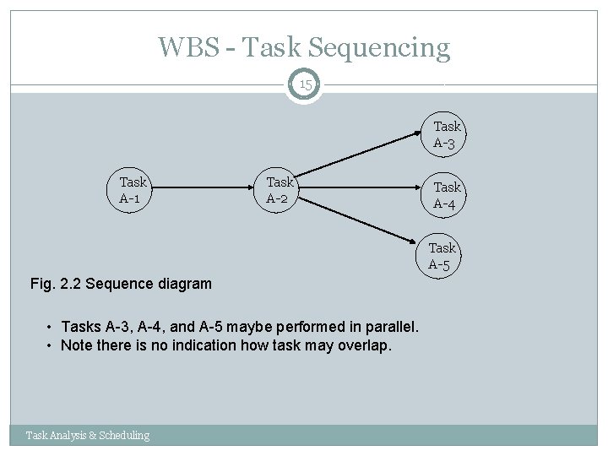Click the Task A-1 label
point(133,190)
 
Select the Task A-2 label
point(280,190)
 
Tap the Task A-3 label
point(447,134)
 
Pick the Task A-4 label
point(447,195)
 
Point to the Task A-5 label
point(442,256)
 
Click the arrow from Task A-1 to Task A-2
point(203,191)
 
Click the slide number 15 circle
point(304,85)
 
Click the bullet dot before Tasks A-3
point(52,328)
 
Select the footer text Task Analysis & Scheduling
point(88,435)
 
